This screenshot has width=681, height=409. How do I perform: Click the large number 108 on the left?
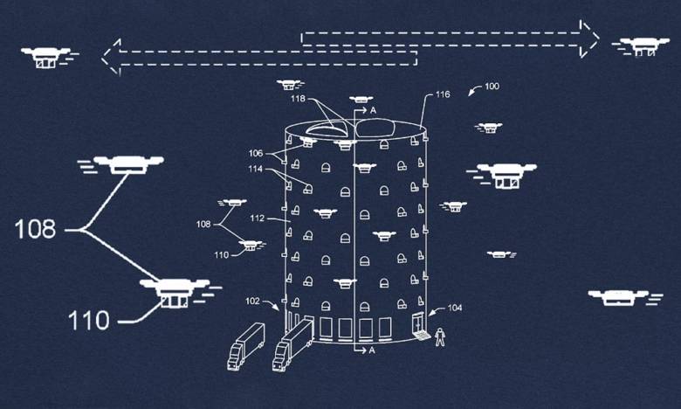36,230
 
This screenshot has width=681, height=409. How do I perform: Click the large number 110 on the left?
90,320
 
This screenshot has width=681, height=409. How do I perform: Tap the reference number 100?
492,87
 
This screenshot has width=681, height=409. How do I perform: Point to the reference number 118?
298,99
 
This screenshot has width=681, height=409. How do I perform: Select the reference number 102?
253,302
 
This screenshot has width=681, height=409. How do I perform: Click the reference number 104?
455,308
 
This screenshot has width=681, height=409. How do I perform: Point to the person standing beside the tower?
440,335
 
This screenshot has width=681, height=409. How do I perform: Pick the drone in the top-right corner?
643,45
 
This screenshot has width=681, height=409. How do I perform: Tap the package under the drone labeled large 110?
172,301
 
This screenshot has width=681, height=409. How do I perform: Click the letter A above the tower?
373,112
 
